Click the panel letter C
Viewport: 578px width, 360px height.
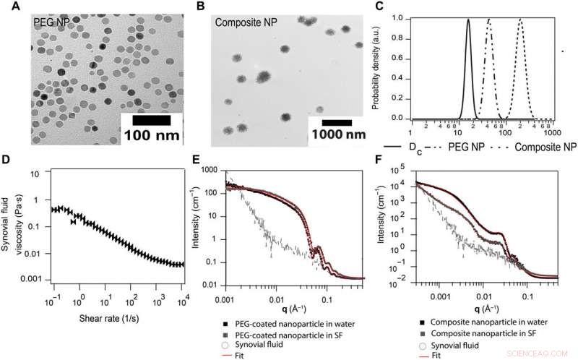tap(380, 9)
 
